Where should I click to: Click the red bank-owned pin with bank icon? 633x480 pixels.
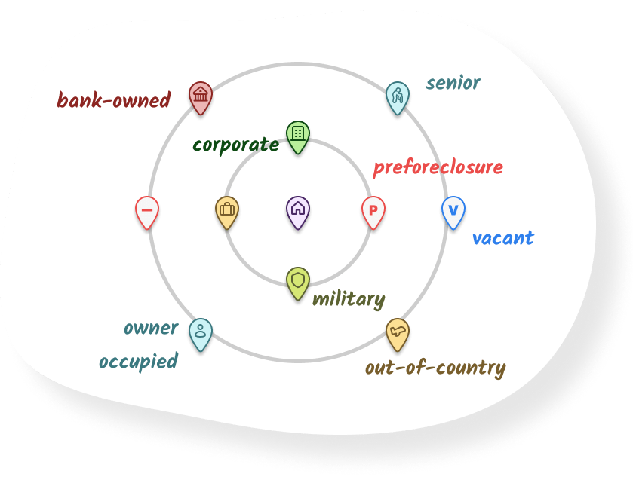tap(200, 96)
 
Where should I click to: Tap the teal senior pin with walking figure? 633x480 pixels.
tap(397, 96)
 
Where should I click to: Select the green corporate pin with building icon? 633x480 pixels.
tap(298, 135)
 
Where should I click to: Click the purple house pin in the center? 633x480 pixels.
tap(298, 209)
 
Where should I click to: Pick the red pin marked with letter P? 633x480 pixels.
tap(373, 210)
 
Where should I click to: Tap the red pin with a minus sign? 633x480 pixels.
tap(147, 210)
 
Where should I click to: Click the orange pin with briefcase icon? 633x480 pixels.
tap(226, 210)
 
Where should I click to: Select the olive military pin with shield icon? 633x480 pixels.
tap(298, 282)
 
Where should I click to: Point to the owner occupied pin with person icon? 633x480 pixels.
tap(200, 332)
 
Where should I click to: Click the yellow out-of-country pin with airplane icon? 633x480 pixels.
tap(397, 332)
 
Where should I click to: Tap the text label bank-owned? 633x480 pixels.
tap(114, 99)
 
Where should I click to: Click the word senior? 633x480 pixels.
tap(453, 82)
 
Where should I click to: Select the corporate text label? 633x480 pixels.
tap(235, 144)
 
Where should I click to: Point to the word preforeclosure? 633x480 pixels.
tap(438, 167)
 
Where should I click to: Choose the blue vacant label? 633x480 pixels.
tap(502, 238)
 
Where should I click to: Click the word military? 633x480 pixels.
tap(349, 299)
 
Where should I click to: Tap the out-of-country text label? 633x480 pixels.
tap(435, 368)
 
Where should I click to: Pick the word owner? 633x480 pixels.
tap(151, 328)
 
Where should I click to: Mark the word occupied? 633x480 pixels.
tap(138, 361)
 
